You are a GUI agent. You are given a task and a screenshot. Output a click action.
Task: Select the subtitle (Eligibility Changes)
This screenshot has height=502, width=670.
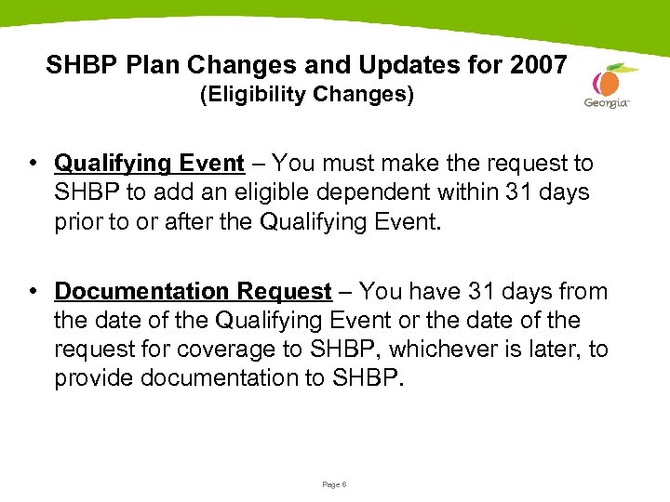pyautogui.click(x=307, y=96)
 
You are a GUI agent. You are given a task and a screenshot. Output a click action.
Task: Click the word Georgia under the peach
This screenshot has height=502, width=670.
pyautogui.click(x=607, y=103)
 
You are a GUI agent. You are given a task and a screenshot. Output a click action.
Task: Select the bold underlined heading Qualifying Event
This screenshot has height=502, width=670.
pyautogui.click(x=149, y=164)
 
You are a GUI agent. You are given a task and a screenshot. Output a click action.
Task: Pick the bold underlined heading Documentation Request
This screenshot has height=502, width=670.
pyautogui.click(x=193, y=292)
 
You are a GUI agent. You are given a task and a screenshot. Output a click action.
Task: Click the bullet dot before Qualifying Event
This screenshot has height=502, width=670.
pyautogui.click(x=33, y=164)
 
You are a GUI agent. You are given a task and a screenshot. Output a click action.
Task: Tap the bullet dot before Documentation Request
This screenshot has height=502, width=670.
pyautogui.click(x=33, y=292)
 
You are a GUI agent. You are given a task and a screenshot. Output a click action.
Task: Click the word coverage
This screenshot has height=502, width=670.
pyautogui.click(x=247, y=350)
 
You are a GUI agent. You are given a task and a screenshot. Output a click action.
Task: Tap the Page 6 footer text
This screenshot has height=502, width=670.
pyautogui.click(x=334, y=484)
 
